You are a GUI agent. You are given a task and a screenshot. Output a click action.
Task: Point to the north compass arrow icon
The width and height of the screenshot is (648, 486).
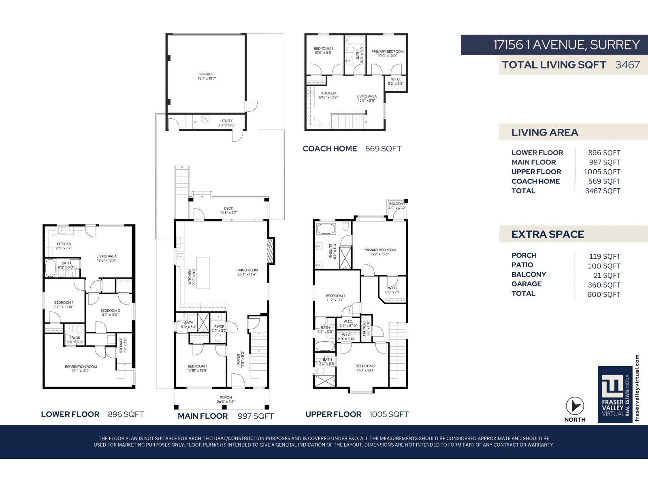coord(575,406)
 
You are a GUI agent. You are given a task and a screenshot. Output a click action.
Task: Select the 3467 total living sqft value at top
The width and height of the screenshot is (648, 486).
coord(627,65)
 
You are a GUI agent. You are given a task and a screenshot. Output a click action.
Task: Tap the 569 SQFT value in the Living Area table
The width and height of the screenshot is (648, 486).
coord(604,181)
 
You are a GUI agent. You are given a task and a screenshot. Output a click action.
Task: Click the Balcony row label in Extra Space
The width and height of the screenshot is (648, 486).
coord(529,275)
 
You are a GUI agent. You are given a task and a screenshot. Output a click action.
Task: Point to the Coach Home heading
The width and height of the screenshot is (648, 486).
coord(330,149)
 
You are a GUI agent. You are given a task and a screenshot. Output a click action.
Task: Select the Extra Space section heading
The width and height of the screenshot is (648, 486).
coord(547,234)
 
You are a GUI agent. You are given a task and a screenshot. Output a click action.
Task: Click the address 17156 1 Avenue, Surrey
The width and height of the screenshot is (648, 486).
coord(566,45)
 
